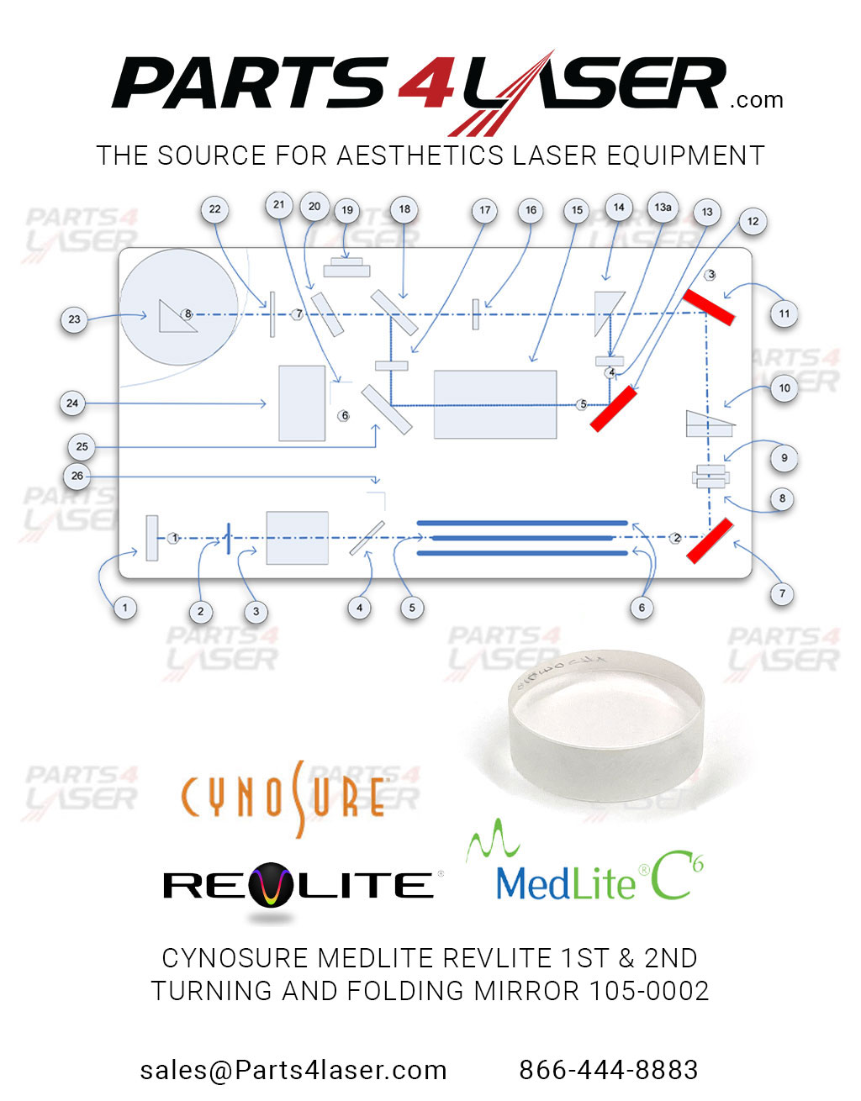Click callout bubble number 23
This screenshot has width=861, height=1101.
(x=74, y=319)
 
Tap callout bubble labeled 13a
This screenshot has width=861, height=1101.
(x=663, y=207)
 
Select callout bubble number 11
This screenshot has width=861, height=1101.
(x=784, y=314)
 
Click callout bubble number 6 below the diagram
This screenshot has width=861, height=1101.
(x=642, y=608)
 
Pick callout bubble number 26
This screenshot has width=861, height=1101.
(x=77, y=476)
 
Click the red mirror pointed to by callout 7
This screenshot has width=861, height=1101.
(x=710, y=540)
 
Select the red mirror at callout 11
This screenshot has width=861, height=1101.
(x=708, y=307)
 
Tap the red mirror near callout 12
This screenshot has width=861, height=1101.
(x=613, y=408)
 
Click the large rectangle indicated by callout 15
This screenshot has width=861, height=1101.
(x=495, y=404)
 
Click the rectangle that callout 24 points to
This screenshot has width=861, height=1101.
(x=302, y=403)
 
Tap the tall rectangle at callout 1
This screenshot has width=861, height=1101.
(x=152, y=538)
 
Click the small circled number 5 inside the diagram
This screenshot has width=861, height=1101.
(x=583, y=404)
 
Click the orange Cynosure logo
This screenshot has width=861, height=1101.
(x=284, y=798)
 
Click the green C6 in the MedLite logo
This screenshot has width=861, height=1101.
(x=678, y=878)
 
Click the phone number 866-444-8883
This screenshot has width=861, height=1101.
(x=608, y=1070)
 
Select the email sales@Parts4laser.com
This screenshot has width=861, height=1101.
(x=293, y=1070)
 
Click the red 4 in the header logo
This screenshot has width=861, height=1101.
(x=427, y=84)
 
